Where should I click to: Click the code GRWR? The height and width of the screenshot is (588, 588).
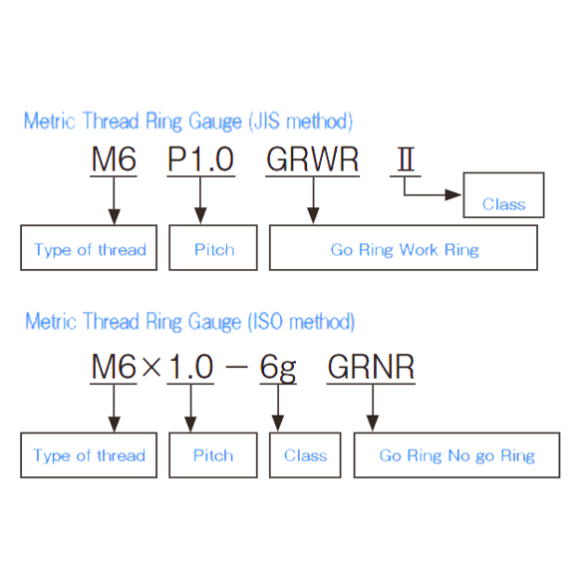[312, 159]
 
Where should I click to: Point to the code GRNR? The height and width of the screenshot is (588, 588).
[371, 367]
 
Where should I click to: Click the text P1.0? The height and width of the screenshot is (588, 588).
[200, 159]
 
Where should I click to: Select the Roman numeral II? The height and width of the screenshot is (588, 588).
[406, 159]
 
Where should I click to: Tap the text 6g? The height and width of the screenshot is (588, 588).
[278, 368]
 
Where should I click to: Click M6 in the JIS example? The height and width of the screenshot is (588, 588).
[114, 159]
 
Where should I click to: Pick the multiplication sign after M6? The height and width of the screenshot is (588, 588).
[151, 367]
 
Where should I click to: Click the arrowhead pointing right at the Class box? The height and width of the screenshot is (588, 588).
[453, 194]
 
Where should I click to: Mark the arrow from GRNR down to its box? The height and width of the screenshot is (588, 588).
[373, 408]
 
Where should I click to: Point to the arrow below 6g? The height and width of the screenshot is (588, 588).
[278, 408]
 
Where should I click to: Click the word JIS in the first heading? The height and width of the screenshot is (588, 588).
[267, 121]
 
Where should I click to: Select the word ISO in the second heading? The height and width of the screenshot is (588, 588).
[268, 321]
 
